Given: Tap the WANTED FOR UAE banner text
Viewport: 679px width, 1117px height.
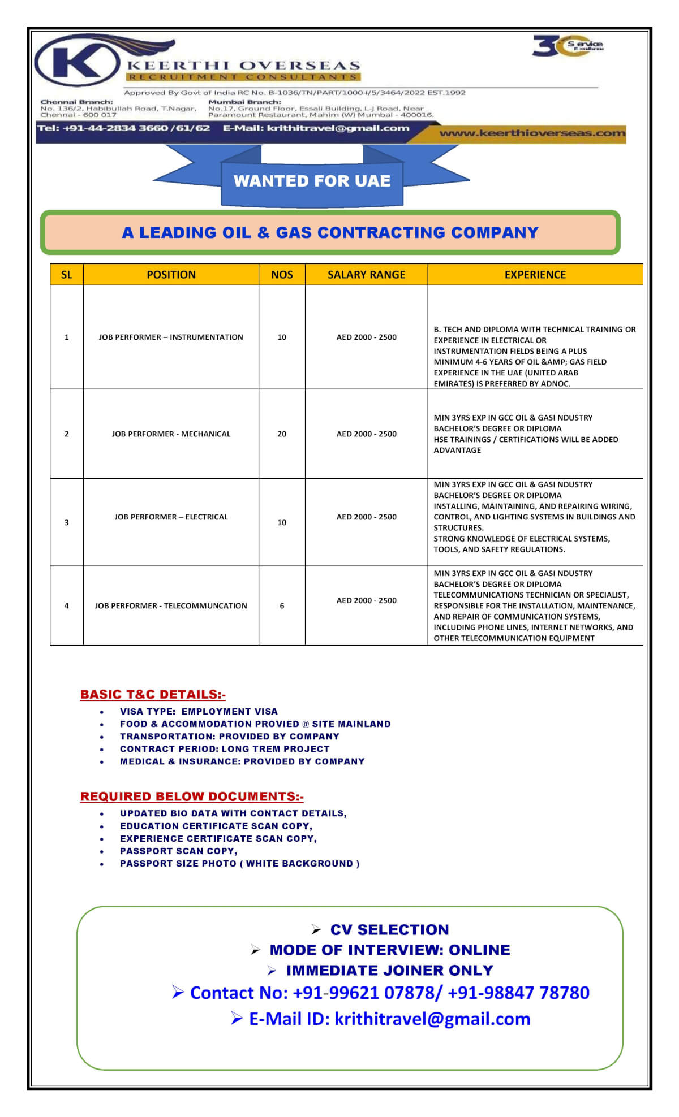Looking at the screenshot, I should click(x=312, y=181).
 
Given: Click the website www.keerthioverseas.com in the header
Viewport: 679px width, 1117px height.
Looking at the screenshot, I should click(x=532, y=133).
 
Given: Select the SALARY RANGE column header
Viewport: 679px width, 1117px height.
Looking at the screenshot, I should click(x=366, y=275).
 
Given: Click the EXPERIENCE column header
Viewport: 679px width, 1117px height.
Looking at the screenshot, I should click(x=535, y=275).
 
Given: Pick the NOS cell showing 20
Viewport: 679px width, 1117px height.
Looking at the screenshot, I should click(x=282, y=434).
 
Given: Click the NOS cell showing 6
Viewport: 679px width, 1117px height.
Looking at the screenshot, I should click(x=282, y=606).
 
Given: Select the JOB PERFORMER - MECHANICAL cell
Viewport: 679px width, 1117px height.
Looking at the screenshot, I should click(x=171, y=434).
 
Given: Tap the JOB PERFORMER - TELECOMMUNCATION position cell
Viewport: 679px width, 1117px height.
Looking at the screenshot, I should click(x=171, y=606).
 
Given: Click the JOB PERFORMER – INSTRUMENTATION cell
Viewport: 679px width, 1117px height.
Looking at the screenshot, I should click(x=171, y=337).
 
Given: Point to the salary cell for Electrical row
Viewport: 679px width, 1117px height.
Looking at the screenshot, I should click(x=366, y=517).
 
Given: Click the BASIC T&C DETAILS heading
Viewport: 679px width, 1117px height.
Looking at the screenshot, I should click(x=153, y=695).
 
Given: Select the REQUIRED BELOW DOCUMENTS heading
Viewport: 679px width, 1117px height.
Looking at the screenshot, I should click(x=192, y=796).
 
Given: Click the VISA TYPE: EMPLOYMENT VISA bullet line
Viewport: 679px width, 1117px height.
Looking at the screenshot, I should click(x=199, y=712).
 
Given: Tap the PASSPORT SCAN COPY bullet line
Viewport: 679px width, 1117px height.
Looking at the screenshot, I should click(x=178, y=851).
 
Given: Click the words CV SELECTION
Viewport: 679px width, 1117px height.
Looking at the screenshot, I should click(x=389, y=930).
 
